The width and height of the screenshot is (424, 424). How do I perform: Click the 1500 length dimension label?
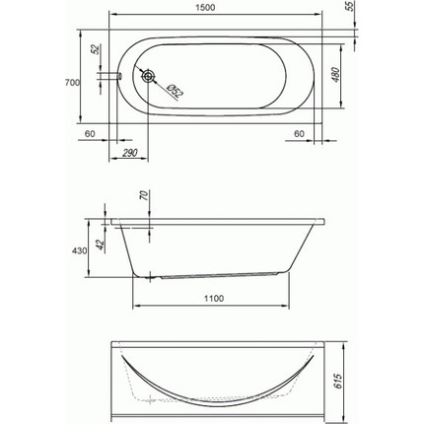pos(205,7)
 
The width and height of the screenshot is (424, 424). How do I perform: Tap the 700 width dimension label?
pos(72,83)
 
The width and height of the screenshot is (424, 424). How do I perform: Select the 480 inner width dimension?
pos(335,75)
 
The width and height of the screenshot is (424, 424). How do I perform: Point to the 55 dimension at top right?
pos(351,6)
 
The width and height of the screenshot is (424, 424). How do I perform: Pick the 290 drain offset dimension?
pos(130,153)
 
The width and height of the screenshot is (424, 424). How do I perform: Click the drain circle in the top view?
pos(148,76)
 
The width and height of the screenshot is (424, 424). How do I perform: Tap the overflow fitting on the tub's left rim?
pos(119,76)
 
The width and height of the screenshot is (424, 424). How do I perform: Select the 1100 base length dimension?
pos(214,299)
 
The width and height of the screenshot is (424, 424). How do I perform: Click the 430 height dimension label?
pos(79,250)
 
